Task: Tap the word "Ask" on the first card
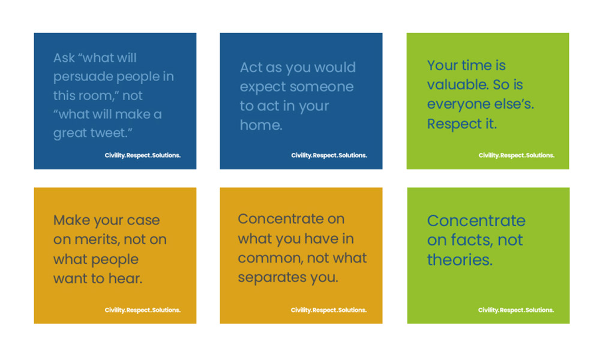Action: [64, 58]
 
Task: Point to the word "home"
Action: [260, 125]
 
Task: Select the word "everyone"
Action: [456, 104]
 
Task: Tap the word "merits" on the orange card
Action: [97, 239]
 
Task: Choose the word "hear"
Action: [125, 278]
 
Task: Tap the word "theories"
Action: [460, 260]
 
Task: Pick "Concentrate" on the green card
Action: [476, 221]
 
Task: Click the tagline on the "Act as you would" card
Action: [329, 155]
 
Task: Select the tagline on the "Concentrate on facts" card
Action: [516, 310]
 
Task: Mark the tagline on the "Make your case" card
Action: [143, 310]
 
